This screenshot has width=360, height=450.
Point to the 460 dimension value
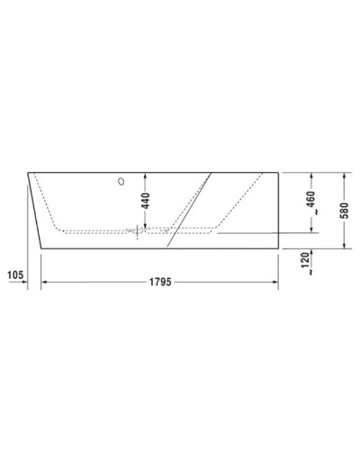pos(310,199)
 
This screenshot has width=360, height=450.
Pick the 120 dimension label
pos(306,264)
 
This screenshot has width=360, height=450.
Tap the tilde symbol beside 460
pos(310,217)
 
